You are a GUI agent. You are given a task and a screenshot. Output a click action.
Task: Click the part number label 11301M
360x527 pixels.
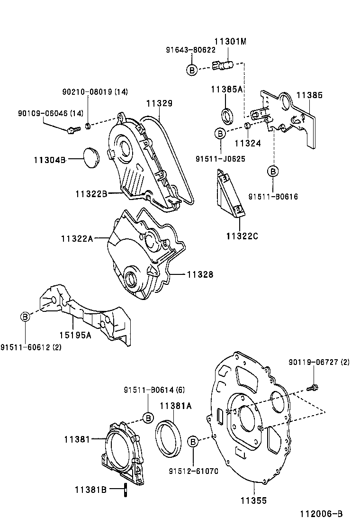pos(230,42)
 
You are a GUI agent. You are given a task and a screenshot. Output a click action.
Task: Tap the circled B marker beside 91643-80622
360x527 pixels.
pos(192,70)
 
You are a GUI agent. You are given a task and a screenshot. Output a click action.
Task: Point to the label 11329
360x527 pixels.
pos(159,103)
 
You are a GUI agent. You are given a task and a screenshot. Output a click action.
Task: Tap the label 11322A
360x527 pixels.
pos(77,238)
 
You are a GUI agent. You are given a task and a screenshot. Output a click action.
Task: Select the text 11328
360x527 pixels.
pos(199,274)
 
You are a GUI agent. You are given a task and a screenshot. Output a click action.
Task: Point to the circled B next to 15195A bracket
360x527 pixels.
pos(25,317)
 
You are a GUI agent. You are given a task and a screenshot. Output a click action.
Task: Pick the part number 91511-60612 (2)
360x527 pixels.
pos(31,347)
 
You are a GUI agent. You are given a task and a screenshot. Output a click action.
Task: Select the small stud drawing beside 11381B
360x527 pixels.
pos(126,490)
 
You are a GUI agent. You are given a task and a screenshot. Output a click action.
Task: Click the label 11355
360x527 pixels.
pos(253,500)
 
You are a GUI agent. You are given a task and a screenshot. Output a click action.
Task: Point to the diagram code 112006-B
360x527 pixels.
pos(320,514)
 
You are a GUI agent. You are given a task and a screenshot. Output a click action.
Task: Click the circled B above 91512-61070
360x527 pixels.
pos(193,442)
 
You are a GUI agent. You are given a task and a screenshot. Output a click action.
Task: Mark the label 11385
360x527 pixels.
pos(309,95)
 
